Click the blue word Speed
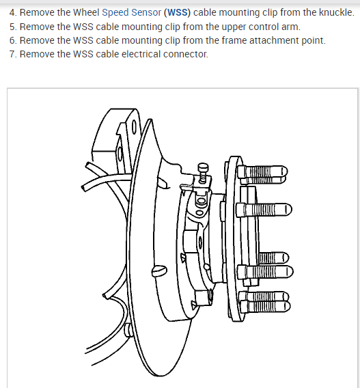[115, 12]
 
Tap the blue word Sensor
[146, 12]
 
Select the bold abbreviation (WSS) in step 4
[177, 12]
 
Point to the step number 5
[12, 27]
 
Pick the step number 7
[12, 54]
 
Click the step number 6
[12, 40]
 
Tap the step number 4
[12, 12]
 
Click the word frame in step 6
[234, 40]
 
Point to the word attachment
[274, 40]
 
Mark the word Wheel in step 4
[86, 12]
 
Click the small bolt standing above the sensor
[203, 173]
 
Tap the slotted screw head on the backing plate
[159, 271]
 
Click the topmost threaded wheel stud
[262, 171]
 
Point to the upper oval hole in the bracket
[134, 127]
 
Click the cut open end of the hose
[84, 187]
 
